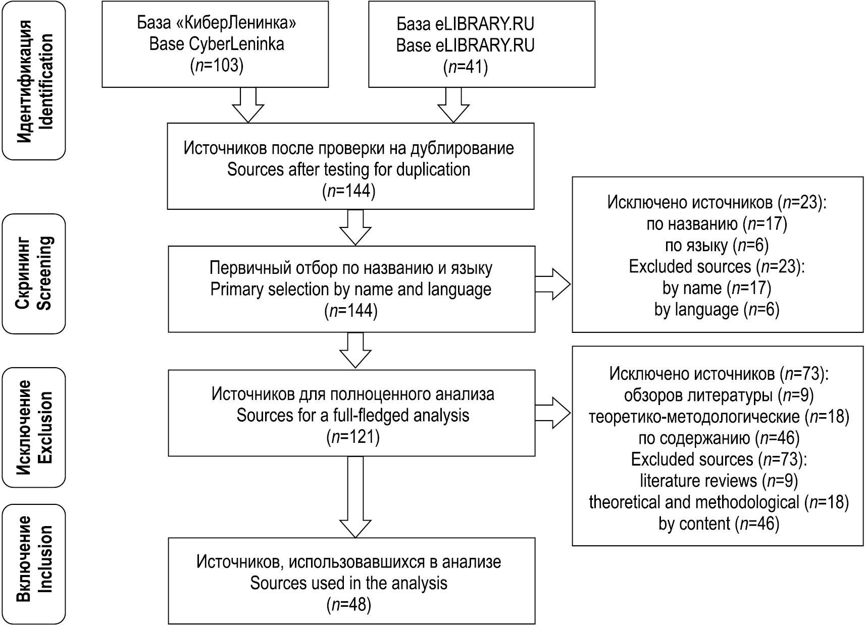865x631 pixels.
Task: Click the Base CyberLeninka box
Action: (x=216, y=44)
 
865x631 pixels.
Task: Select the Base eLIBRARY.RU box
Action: (x=481, y=44)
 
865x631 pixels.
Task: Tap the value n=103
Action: (x=217, y=66)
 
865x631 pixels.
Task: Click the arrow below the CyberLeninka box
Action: (x=248, y=104)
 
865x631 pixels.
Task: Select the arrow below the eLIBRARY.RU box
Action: (x=453, y=104)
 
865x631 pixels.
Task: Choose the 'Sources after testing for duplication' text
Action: (x=348, y=169)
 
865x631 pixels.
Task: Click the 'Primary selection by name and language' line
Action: (x=351, y=290)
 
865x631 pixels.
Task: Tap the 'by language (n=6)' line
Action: (x=717, y=309)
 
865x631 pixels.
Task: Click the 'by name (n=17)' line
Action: (x=717, y=288)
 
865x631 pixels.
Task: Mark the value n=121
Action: (x=353, y=437)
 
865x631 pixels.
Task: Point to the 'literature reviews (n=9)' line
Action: (x=719, y=481)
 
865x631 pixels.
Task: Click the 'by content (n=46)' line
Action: (x=719, y=524)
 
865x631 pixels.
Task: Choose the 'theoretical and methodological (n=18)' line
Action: (x=719, y=502)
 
